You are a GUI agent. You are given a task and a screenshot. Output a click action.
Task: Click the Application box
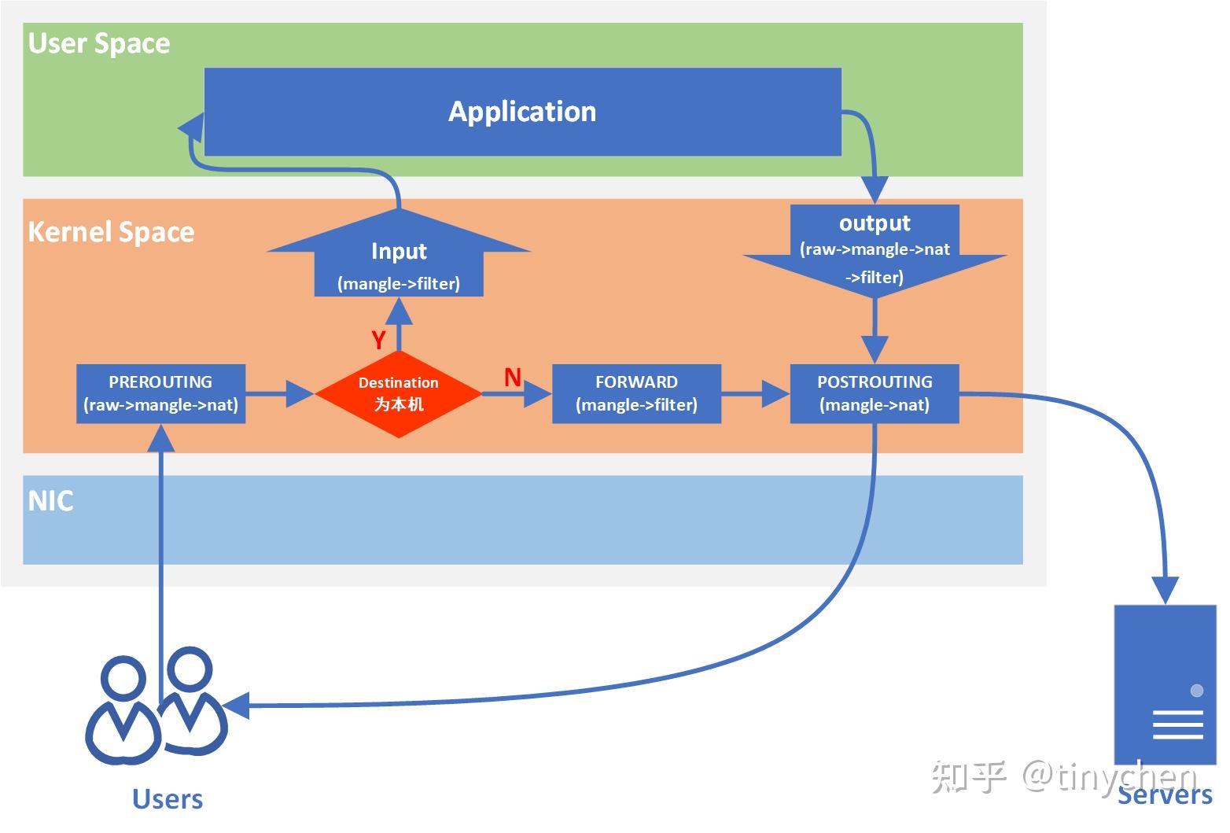pos(522,112)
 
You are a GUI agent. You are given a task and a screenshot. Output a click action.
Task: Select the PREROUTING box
pos(160,393)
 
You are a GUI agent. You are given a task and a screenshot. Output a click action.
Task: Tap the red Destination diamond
pos(398,393)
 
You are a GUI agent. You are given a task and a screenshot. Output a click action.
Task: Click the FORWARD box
pos(636,393)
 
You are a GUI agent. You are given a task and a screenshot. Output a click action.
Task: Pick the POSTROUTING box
pos(874,393)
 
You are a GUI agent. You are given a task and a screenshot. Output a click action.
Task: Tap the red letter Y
pos(378,340)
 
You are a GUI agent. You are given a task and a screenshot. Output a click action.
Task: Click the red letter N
pos(513,378)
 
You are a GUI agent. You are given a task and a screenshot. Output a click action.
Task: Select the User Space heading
pos(99,43)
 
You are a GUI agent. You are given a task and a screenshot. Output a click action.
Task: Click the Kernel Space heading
pos(111,232)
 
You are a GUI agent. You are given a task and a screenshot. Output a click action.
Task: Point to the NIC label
pos(50,501)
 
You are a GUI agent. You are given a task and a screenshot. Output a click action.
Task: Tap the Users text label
pos(168,799)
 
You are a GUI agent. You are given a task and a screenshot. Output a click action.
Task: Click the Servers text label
pos(1165,795)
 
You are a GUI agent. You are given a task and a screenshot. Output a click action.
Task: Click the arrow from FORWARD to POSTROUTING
pos(755,393)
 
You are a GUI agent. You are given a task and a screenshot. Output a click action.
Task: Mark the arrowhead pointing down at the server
pos(1166,589)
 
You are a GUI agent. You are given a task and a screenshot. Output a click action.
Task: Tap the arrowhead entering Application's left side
pos(191,125)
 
